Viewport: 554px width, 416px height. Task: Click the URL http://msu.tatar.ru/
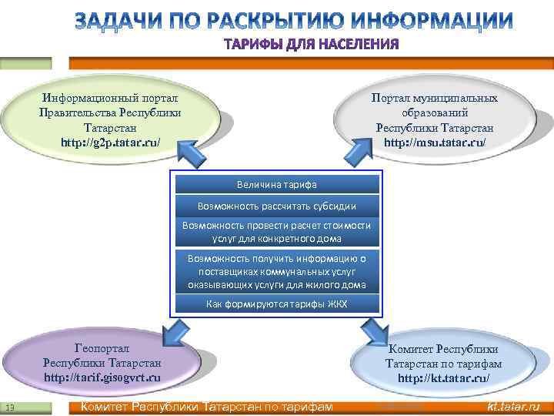[x=435, y=143]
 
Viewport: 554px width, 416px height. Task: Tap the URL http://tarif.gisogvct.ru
[x=102, y=377]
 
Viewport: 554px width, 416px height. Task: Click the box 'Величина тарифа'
[x=276, y=185]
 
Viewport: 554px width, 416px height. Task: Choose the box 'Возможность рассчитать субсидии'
[x=276, y=206]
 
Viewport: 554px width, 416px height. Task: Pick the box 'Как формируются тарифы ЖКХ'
[x=276, y=304]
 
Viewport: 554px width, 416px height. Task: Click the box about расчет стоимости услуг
[x=276, y=232]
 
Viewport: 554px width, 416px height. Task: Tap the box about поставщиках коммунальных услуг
[x=276, y=272]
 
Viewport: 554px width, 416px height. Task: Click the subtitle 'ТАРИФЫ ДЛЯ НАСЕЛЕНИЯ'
[x=312, y=44]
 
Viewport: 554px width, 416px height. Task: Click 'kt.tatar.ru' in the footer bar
[x=514, y=407]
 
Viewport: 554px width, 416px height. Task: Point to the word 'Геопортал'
[x=102, y=348]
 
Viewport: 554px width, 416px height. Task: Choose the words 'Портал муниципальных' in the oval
[x=434, y=99]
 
